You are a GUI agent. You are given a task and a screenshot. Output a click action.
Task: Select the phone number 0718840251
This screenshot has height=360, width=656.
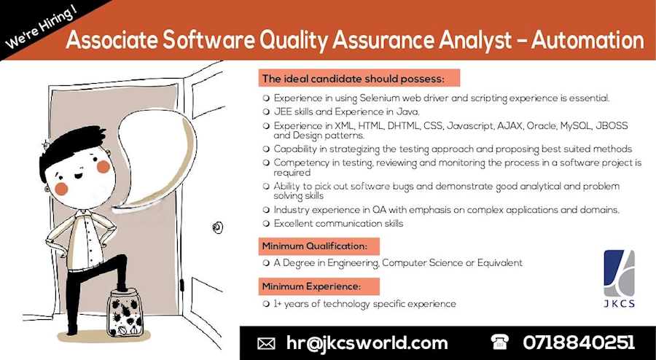pos(579,343)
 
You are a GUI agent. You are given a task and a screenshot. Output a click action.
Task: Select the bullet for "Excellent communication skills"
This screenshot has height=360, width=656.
pos(266,224)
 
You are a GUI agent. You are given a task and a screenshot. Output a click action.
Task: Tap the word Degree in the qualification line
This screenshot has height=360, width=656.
pos(300,262)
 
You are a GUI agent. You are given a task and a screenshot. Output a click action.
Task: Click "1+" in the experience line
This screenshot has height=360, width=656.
pos(278,303)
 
